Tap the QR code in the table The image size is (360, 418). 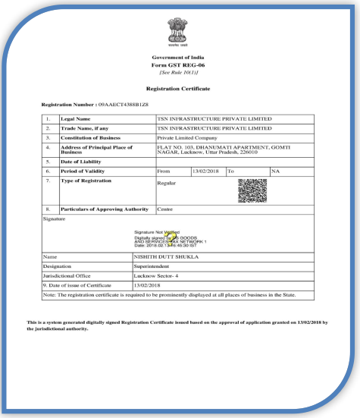coord(252,190)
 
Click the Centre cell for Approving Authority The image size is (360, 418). coord(164,209)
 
